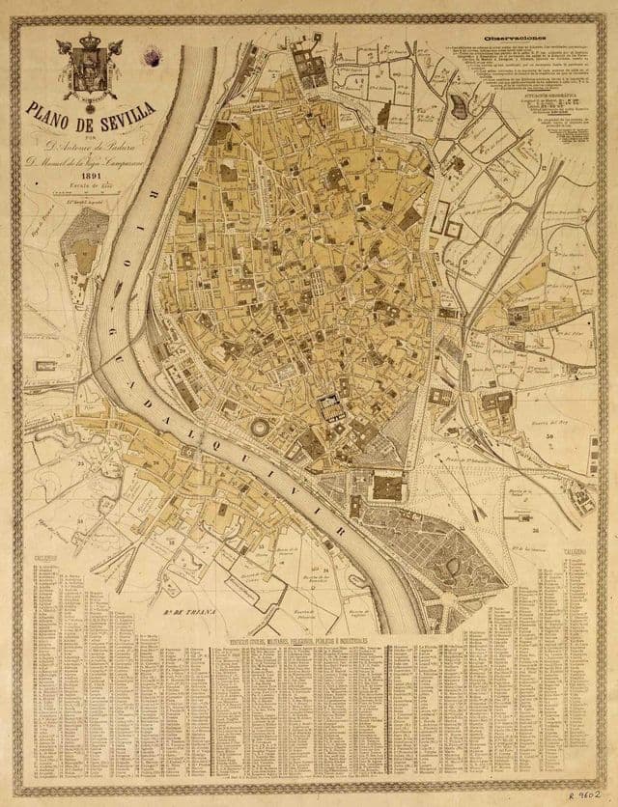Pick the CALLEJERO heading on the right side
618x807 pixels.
(571, 557)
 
